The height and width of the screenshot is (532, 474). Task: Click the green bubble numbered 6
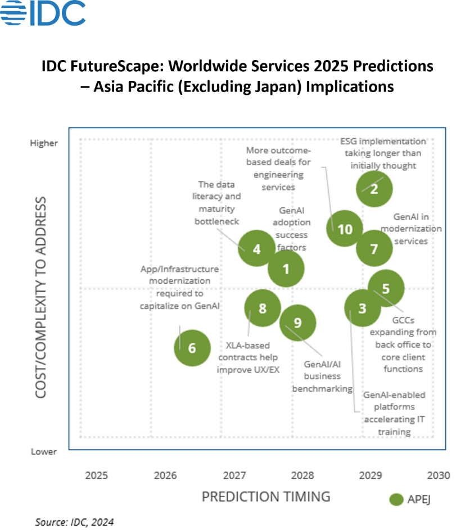[192, 348]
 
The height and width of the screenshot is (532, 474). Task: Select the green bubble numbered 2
[374, 188]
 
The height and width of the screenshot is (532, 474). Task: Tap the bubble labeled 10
[345, 229]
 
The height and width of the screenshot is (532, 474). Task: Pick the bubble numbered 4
[256, 248]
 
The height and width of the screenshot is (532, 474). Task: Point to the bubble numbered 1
[286, 269]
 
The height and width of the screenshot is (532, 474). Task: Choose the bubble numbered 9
[298, 322]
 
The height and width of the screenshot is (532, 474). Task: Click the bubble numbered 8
[263, 308]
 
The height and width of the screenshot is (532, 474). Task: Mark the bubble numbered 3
[363, 308]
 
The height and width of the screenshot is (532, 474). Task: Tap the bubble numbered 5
[386, 288]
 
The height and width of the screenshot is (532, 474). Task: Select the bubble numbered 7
[374, 248]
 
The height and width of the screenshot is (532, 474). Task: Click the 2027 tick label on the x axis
[234, 476]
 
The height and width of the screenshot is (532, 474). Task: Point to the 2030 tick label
[439, 476]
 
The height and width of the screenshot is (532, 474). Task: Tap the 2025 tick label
[97, 476]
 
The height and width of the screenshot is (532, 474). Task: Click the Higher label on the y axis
[44, 143]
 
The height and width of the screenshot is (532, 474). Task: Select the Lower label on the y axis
[43, 452]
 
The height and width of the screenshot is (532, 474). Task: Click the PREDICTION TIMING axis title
[266, 497]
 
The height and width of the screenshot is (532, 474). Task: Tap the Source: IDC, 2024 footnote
[74, 522]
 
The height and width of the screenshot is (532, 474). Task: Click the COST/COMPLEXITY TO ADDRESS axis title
[40, 298]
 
